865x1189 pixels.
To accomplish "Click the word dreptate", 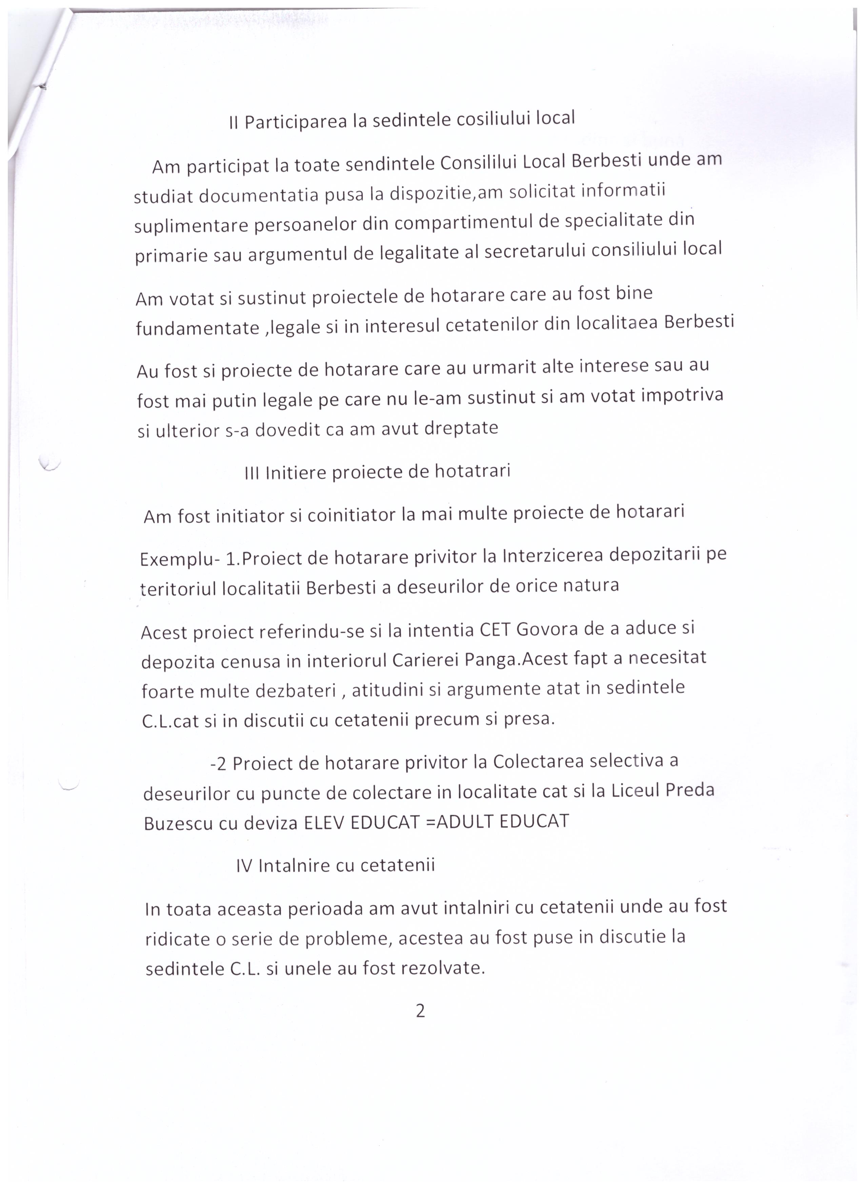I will coord(461,428).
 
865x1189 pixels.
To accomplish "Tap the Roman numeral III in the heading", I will coord(252,474).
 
